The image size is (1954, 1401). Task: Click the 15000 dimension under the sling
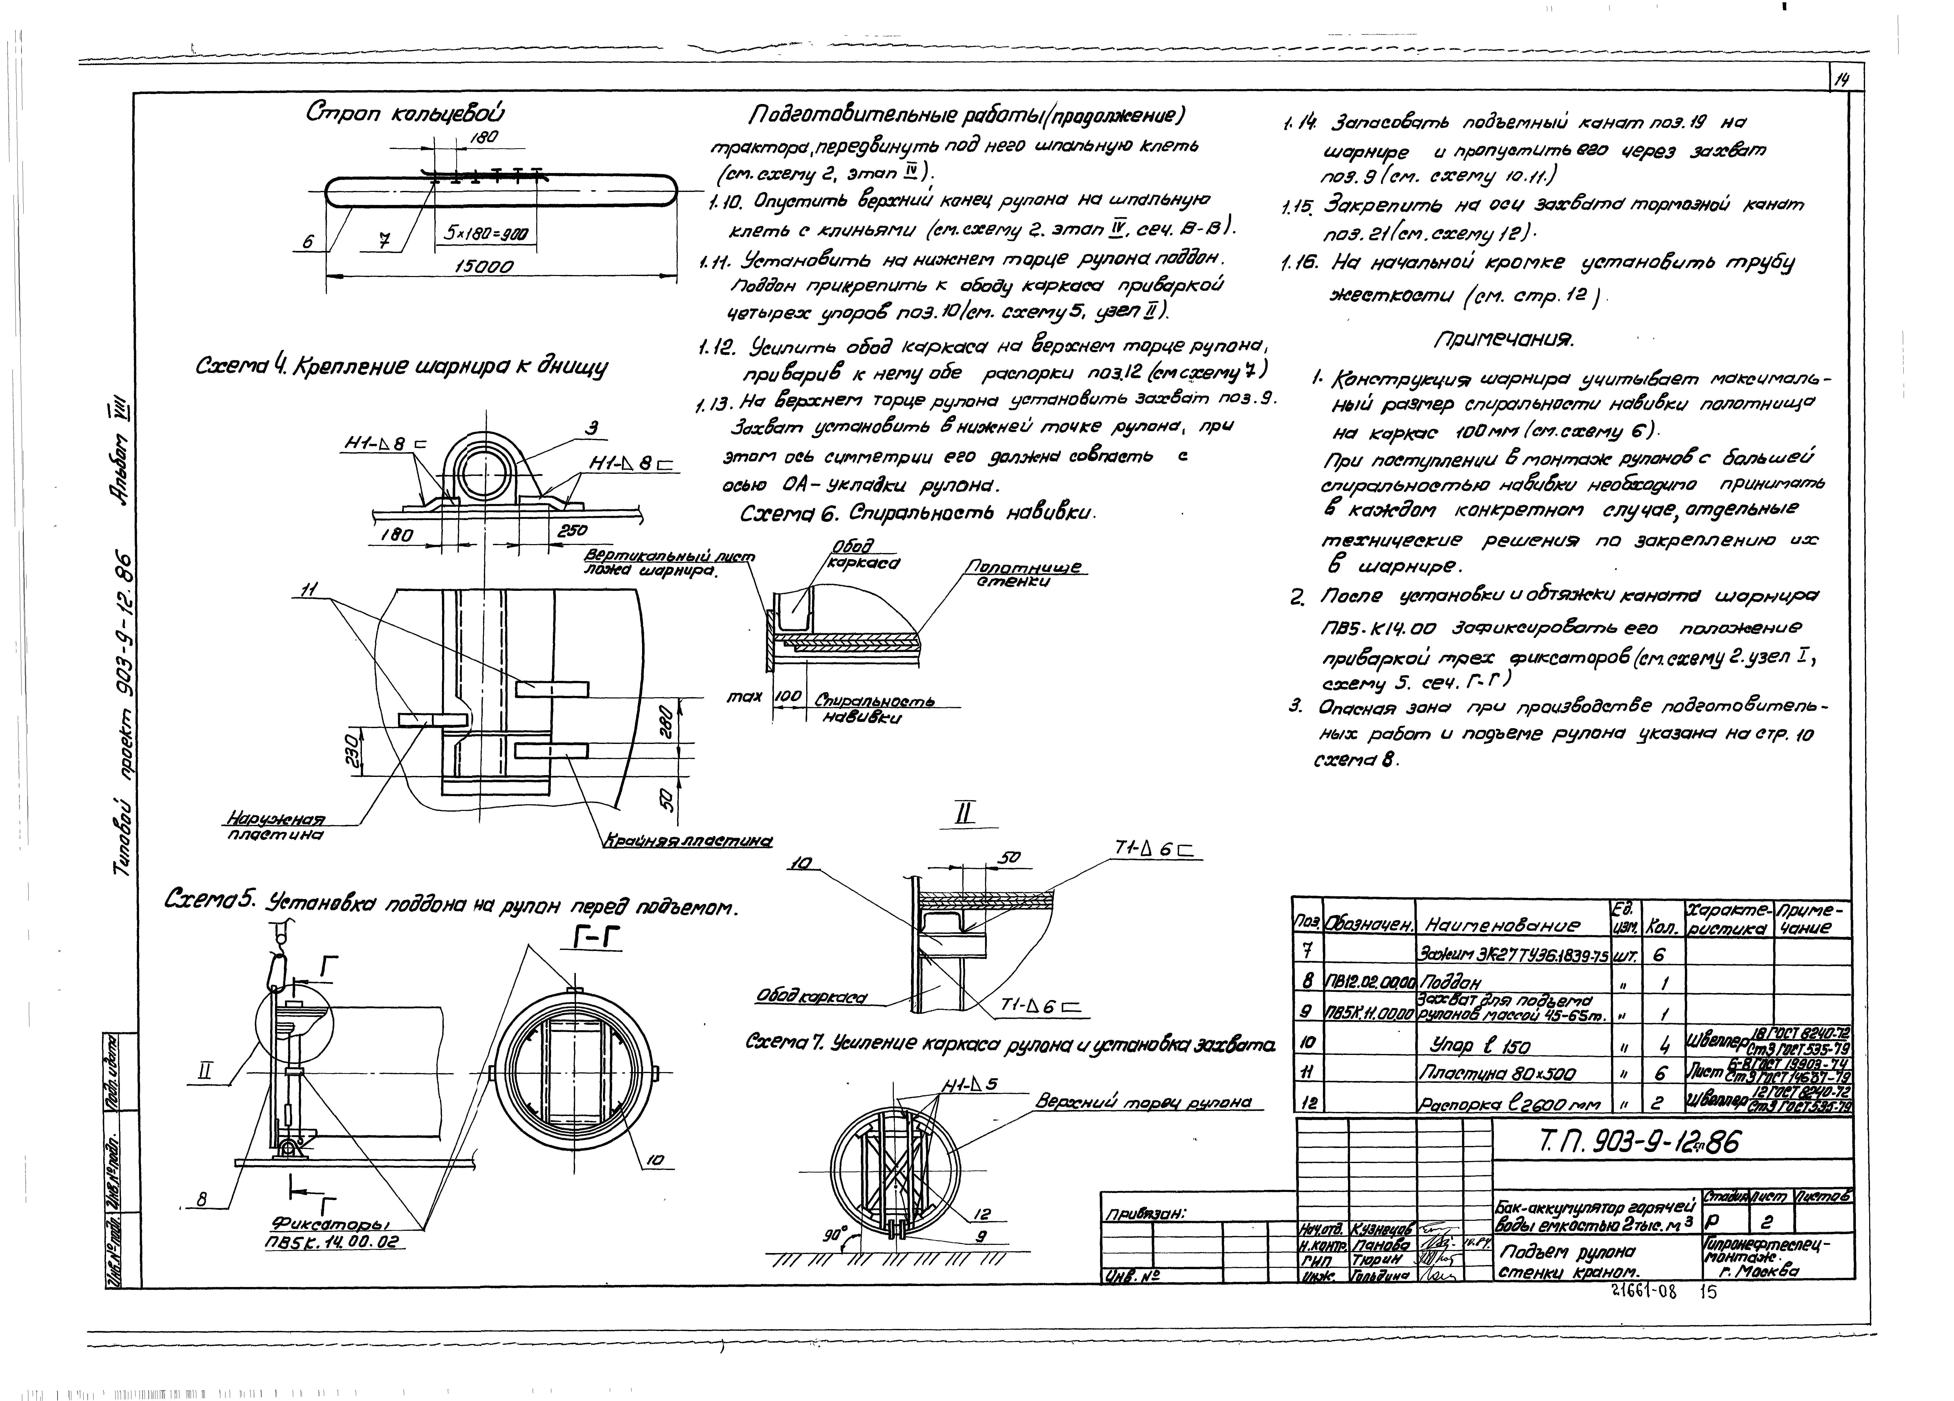pyautogui.click(x=484, y=267)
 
